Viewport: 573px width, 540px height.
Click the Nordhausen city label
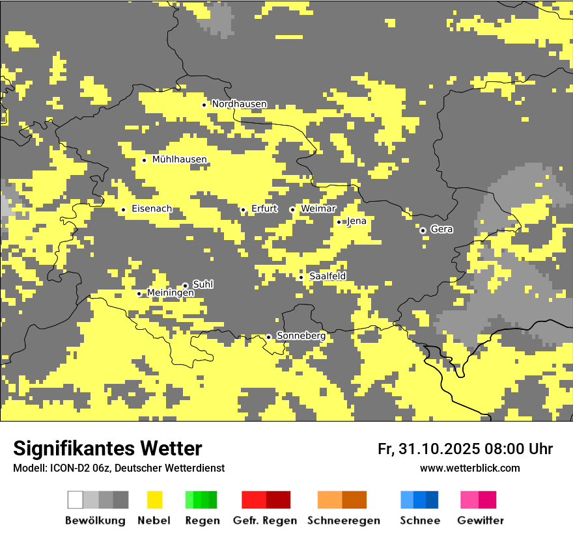click(x=239, y=104)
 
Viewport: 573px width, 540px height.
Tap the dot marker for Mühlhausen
click(x=144, y=160)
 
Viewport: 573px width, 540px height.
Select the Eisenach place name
click(x=152, y=209)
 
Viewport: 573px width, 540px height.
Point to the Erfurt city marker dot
click(x=243, y=209)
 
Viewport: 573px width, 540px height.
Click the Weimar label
click(x=318, y=209)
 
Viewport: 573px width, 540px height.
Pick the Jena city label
click(x=357, y=221)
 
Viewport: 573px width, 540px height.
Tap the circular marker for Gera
click(x=423, y=230)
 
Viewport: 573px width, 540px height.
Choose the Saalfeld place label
click(x=328, y=277)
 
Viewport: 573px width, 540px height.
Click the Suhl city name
click(x=203, y=284)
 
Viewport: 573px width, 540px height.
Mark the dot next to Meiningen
click(x=139, y=293)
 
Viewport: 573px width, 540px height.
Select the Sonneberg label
click(x=301, y=336)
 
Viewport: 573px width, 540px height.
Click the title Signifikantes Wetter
click(x=107, y=448)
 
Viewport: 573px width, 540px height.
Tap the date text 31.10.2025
click(x=438, y=449)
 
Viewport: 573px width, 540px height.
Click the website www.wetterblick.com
click(x=469, y=468)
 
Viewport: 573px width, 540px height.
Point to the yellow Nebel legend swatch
click(x=154, y=500)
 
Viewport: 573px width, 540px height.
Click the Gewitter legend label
click(x=480, y=520)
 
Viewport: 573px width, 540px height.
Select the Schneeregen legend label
click(x=344, y=520)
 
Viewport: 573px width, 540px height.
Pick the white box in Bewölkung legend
click(x=76, y=500)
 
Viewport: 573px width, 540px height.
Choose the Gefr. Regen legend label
click(x=264, y=520)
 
